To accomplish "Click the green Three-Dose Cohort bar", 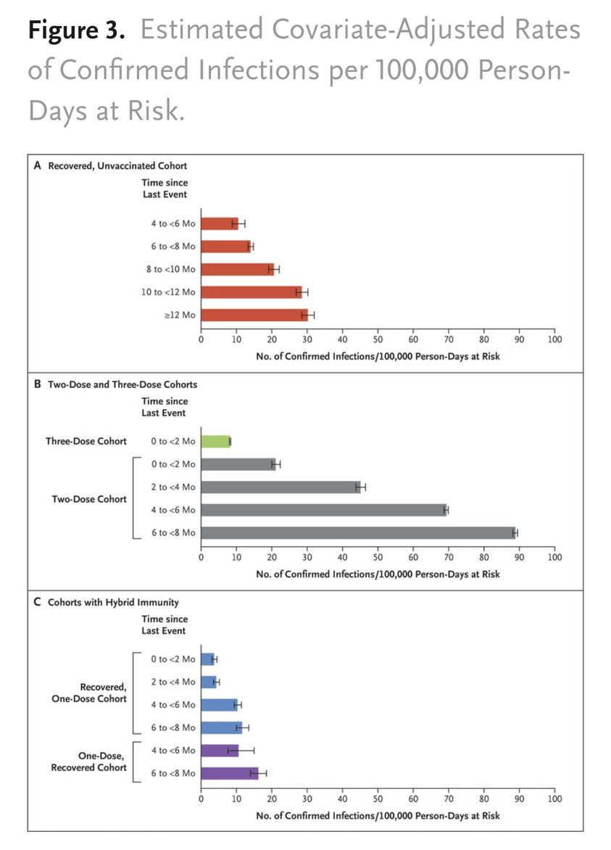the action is point(215,441).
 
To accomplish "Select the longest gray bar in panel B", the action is point(358,533).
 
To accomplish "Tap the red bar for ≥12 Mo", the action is point(254,315).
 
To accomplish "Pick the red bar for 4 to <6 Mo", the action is point(220,223).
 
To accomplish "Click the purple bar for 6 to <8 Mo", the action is point(230,774).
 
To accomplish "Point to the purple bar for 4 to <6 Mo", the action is point(220,751).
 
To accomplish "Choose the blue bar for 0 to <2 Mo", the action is point(207,659).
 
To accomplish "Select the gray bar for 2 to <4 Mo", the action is point(280,487).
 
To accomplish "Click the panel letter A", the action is point(38,165).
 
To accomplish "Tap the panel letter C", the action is point(38,602).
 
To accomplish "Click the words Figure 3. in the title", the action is point(76,30).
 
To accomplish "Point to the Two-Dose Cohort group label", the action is point(89,499).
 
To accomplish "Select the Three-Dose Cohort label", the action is point(86,441).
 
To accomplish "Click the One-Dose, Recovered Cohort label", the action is point(89,762).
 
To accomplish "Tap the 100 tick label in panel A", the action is point(554,339).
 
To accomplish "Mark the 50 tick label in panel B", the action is point(378,557).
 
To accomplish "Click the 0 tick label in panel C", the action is point(201,799).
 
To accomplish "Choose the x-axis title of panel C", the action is point(378,816).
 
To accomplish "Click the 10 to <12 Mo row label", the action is point(168,292).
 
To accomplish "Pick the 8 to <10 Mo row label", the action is point(170,269).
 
